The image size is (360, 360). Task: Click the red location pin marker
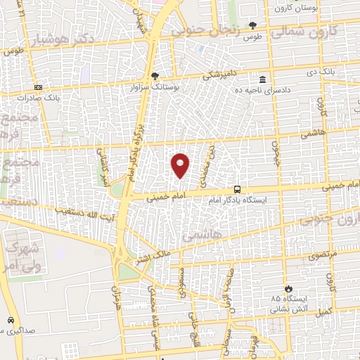point(181,165)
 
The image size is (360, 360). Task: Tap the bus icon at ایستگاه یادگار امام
point(238,189)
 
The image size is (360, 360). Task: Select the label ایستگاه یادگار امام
point(239,201)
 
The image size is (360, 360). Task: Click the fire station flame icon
point(287,288)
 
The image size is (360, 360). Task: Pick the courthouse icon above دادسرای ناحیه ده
point(263,79)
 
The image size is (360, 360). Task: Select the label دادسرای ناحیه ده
point(263,90)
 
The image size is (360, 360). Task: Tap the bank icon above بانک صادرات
point(38,87)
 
